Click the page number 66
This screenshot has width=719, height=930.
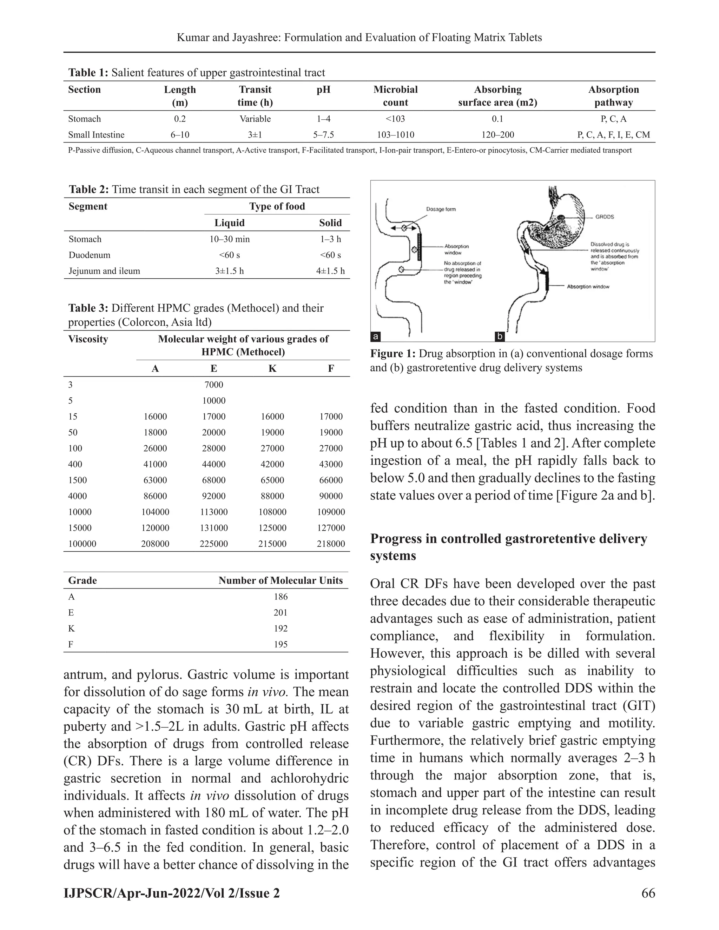click(648, 893)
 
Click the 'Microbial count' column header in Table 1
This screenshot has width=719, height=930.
click(395, 96)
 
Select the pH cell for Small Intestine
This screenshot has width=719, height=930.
click(323, 135)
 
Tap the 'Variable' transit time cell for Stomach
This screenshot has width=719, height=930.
click(255, 119)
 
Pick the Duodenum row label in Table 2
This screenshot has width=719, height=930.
click(90, 255)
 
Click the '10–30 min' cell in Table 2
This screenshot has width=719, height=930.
click(230, 239)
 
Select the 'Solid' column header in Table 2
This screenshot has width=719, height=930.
click(330, 223)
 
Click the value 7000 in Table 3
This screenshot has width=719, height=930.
click(213, 385)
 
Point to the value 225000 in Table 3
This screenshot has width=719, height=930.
click(213, 544)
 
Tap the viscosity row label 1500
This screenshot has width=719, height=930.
click(78, 480)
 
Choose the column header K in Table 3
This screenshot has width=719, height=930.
click(272, 368)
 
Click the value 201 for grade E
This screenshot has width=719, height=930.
click(281, 612)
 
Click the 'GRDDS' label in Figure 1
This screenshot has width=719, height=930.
click(605, 217)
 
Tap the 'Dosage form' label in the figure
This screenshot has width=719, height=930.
click(441, 209)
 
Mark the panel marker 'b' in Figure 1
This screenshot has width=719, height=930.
click(500, 337)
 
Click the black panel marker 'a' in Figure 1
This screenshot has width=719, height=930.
click(375, 337)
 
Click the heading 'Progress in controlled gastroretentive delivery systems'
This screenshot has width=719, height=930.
click(508, 547)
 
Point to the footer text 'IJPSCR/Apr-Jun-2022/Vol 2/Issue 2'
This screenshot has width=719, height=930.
click(172, 893)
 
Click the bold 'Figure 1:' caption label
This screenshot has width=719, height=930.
click(392, 353)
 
